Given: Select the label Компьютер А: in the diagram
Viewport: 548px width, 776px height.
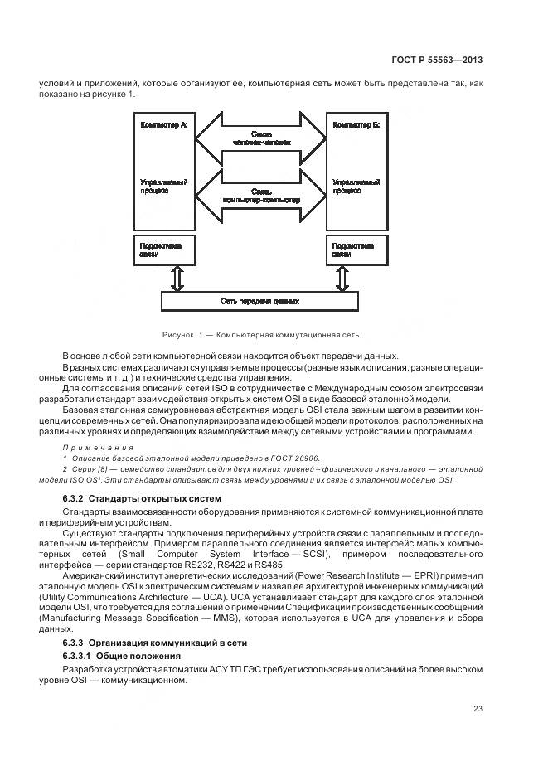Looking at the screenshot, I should coord(164,125).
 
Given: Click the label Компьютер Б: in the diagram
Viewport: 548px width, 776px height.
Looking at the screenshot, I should coord(356,125).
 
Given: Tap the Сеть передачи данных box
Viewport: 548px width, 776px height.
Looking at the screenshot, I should coord(260,301).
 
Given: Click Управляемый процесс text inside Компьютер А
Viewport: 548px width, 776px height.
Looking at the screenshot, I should coord(163,185).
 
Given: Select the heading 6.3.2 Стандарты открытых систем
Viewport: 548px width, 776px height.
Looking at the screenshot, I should coord(142,497).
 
